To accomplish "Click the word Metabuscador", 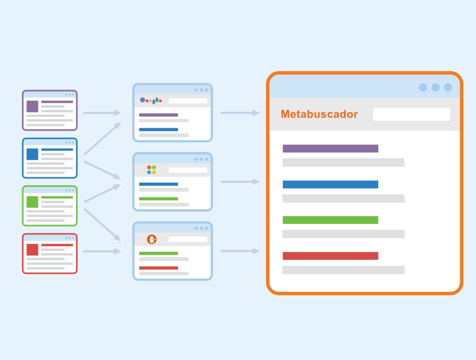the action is [x=319, y=114].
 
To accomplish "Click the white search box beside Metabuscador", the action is [x=411, y=114].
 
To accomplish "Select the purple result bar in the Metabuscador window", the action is [x=330, y=149].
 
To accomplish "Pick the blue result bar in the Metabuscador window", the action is [x=330, y=184].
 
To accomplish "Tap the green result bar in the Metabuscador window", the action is [x=330, y=220].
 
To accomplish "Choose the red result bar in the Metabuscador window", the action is [x=330, y=256].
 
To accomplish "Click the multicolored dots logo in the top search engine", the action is [x=151, y=101].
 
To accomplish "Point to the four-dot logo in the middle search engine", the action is [x=151, y=170].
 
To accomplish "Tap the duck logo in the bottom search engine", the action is [x=152, y=239].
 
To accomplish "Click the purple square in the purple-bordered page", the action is [x=32, y=106].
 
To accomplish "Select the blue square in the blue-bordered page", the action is [x=32, y=154].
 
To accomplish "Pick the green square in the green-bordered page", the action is [x=32, y=202].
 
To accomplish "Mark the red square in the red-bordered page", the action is [x=32, y=249].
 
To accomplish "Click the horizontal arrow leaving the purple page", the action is [x=102, y=113].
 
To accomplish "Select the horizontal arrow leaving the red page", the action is [x=102, y=251].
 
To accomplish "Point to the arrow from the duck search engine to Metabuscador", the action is [x=240, y=251].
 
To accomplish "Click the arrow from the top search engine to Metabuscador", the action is [x=240, y=113].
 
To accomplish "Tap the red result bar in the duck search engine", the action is [x=159, y=268].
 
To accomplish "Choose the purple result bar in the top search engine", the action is [x=159, y=115].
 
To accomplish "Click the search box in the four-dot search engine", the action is [x=188, y=170].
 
